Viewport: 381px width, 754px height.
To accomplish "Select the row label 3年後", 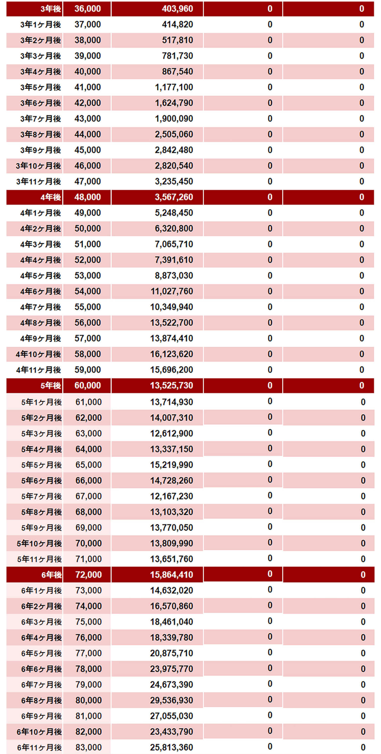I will pos(51,9).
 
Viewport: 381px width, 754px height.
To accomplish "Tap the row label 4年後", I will pos(51,197).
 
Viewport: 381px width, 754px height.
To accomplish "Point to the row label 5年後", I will pos(51,385).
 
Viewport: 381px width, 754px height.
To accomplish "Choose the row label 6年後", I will pos(51,575).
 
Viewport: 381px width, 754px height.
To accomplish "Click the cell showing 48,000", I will pos(87,197).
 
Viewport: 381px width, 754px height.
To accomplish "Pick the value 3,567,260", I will pos(174,197).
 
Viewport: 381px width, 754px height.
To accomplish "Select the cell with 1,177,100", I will pos(174,87).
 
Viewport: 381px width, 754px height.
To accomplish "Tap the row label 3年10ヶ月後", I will pos(38,166).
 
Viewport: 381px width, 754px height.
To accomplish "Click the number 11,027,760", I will pos(172,292).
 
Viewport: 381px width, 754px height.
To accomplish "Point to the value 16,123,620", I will pos(172,354).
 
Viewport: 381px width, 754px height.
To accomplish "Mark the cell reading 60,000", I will pos(87,385).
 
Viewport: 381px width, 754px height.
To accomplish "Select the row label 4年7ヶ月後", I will pos(40,307).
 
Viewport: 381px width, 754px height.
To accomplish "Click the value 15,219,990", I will pos(172,465).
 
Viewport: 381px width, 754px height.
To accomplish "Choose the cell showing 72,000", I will pos(88,575).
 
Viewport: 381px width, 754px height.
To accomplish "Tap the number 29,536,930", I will pos(172,700).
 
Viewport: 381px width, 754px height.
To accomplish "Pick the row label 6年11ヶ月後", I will pos(39,748).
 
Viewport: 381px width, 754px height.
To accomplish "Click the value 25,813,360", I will pos(172,748).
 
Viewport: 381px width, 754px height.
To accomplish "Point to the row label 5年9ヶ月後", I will pos(41,528).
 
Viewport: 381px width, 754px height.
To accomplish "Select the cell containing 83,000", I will pos(88,748).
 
